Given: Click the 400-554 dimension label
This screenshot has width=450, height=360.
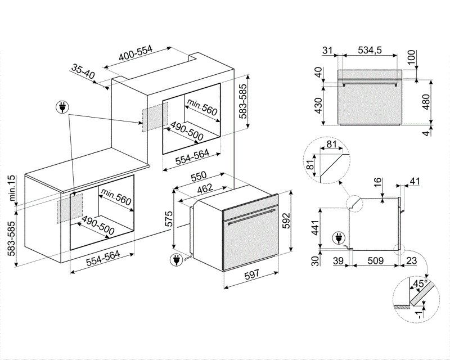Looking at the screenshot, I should [x=136, y=55].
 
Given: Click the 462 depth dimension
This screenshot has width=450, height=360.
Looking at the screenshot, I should [x=204, y=187].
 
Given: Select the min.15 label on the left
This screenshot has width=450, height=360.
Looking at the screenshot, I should [x=10, y=187].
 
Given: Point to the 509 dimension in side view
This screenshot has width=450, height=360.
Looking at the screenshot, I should [x=376, y=261].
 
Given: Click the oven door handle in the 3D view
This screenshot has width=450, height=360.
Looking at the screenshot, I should [x=249, y=215].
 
